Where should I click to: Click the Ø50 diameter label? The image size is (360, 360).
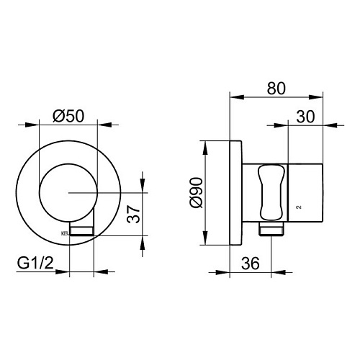[x=68, y=116]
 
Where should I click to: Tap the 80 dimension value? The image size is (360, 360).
[x=276, y=89]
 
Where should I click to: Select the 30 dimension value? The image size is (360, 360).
[x=305, y=117]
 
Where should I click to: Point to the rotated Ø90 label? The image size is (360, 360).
[x=197, y=192]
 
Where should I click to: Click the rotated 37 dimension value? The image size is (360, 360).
[x=133, y=215]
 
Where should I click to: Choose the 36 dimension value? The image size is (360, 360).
[x=251, y=264]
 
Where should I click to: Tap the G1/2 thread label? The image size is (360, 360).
[x=35, y=264]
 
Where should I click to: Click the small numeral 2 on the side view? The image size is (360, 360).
[x=299, y=207]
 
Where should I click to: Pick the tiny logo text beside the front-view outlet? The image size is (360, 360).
[x=65, y=233]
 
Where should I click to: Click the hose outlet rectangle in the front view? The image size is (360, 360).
[x=81, y=231]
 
